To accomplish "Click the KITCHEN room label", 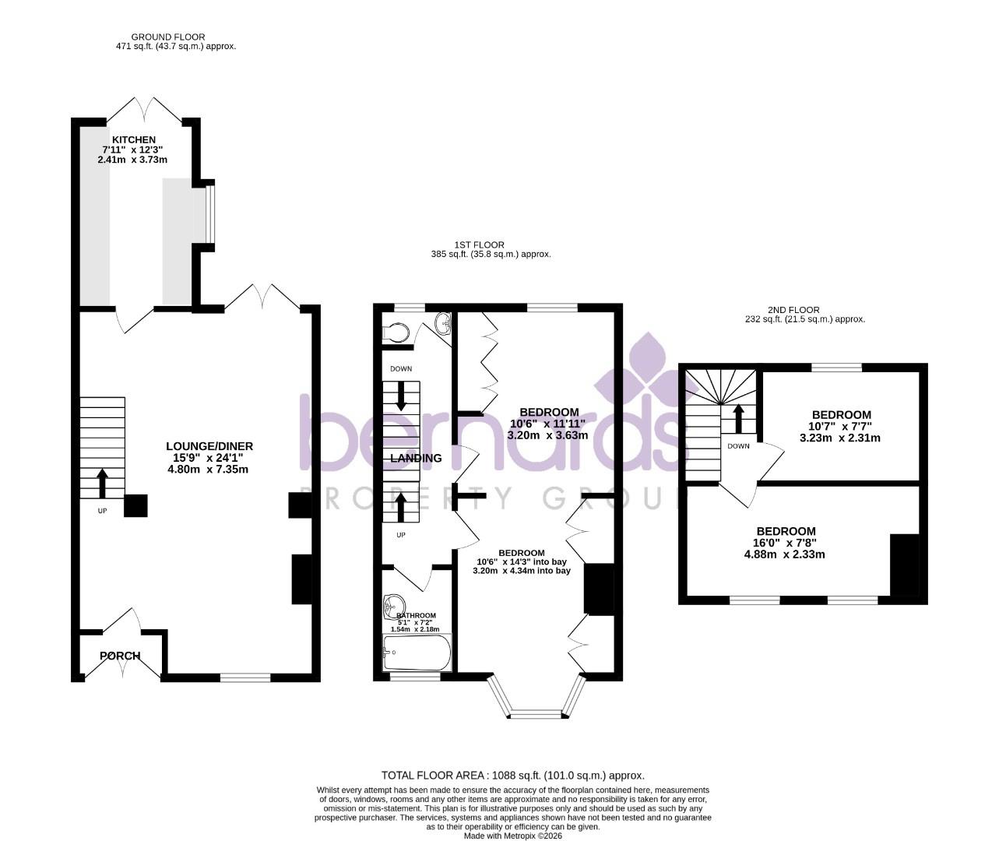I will (133, 139).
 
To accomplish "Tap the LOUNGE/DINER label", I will (209, 446).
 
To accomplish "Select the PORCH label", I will (120, 656).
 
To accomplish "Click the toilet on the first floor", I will (396, 333).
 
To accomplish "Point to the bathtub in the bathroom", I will (417, 653).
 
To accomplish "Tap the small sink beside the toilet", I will (443, 322).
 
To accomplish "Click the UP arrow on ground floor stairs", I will (102, 483).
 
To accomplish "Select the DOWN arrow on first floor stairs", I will (401, 396).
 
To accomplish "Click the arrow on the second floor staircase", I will (737, 417).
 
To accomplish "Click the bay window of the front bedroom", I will (535, 712).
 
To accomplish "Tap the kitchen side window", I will (209, 214).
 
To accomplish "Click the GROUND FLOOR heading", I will (168, 37).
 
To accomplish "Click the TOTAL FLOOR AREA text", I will (512, 776).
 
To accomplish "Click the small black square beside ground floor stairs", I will (135, 506).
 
